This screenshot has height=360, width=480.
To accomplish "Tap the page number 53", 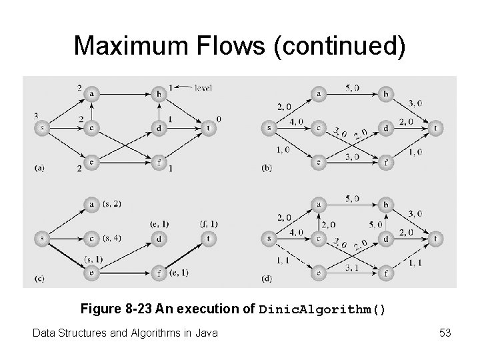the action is point(445,331).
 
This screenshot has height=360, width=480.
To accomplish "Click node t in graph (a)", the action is point(209,128).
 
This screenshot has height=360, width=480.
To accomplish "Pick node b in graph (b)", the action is point(385,95).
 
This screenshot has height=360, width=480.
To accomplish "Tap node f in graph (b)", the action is point(385,162).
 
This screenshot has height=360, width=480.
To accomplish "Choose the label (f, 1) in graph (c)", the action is point(209,224).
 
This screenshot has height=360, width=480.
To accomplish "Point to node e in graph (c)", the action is point(91,272).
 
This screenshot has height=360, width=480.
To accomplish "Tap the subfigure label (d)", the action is point(267,278).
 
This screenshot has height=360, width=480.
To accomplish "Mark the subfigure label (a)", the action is point(40,168).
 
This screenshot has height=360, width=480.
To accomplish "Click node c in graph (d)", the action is point(319,238).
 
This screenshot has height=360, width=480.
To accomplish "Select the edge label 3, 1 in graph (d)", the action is point(353,267).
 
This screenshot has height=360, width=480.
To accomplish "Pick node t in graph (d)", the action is point(435,238).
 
